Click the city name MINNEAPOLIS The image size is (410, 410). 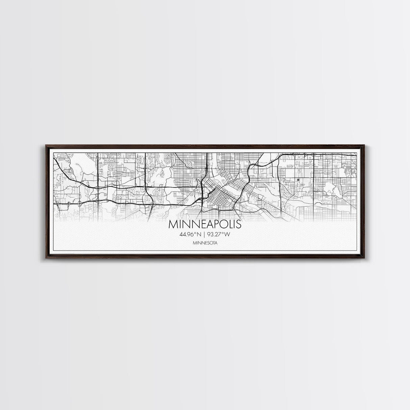[x=205, y=224]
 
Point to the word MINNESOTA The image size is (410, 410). [x=205, y=243]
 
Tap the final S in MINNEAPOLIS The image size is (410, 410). [x=238, y=224]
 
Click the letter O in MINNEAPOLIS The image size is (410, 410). [x=223, y=224]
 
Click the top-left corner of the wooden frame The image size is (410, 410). [x=45, y=145]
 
